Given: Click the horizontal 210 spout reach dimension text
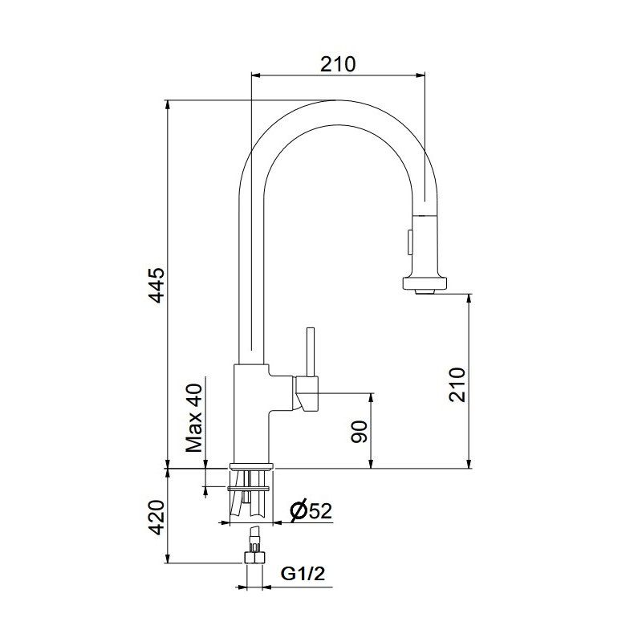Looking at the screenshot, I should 337,63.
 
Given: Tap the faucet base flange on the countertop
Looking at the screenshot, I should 252,466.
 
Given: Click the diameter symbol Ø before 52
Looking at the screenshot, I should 295,510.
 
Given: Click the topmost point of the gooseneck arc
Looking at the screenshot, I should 337,100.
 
